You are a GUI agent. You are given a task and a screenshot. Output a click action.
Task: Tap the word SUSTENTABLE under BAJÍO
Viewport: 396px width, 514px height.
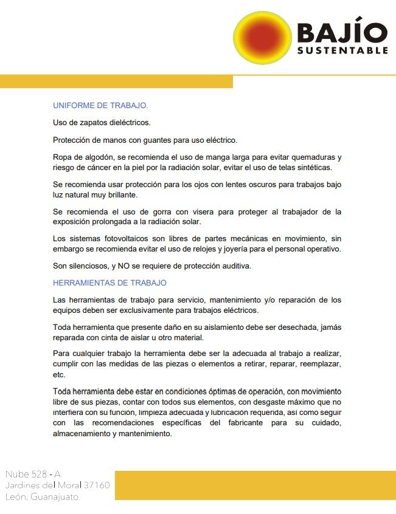[x=342, y=50]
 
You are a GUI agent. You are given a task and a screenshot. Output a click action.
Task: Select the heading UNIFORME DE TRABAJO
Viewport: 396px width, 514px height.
[x=100, y=105]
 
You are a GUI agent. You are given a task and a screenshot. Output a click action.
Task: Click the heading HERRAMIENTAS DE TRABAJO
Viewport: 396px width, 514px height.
[x=109, y=283]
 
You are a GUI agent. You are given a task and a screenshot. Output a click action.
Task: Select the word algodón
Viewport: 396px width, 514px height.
[x=97, y=157]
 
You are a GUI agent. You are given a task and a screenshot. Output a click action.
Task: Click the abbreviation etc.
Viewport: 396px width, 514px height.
[x=59, y=374]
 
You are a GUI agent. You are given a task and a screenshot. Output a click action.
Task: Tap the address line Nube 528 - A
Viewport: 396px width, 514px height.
[x=33, y=474]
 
